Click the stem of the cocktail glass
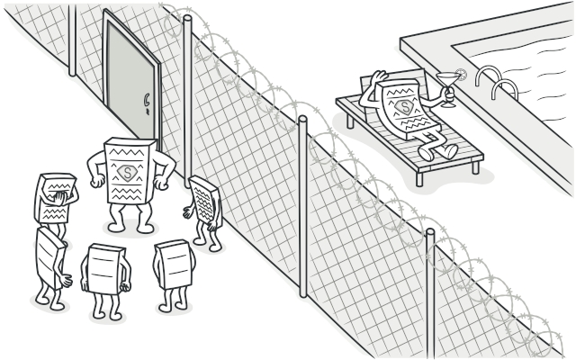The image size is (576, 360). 446,89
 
